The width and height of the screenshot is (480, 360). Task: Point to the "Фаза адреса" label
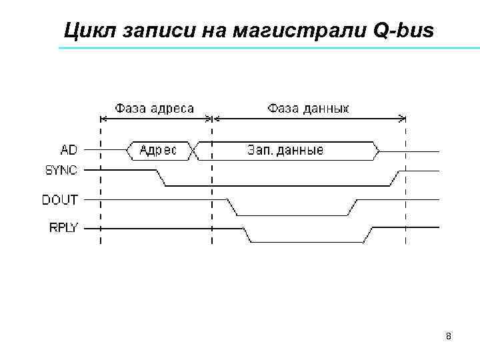pos(155,107)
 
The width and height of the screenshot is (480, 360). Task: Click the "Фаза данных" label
pos(308,107)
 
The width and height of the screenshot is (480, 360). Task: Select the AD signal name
pos(69,150)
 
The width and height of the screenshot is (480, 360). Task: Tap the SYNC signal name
pos(61,170)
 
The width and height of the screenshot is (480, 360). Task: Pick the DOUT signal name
pos(60,199)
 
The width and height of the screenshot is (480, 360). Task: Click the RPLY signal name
pos(63,227)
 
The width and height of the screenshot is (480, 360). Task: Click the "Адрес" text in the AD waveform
pos(158,151)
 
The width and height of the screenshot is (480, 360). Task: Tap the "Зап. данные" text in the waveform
pos(285,151)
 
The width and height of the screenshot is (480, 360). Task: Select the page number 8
pos(449,336)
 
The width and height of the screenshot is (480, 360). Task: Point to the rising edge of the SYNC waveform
pos(395,178)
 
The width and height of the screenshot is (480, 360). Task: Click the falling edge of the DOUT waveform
pos(233,207)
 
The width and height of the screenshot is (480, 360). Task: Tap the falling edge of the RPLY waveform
pos(247,235)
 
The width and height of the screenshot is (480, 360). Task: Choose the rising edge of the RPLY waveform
pos(368,235)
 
